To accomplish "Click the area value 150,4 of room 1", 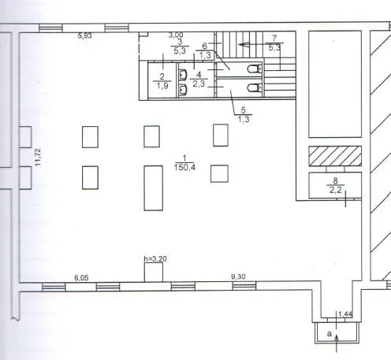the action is (184, 167).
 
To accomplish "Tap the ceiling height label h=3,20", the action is (155, 259).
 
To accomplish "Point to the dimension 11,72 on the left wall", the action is (38, 157).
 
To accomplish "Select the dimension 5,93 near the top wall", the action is (85, 35).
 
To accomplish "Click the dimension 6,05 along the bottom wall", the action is (81, 278).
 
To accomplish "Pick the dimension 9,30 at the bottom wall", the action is (238, 276).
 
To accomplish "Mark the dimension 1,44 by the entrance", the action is (345, 314).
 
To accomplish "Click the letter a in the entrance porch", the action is (329, 334).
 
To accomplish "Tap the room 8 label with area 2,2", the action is (335, 185).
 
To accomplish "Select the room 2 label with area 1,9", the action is (162, 81).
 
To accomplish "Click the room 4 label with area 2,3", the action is (199, 80).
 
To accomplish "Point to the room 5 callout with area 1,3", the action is (244, 114).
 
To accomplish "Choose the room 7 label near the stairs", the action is (274, 43).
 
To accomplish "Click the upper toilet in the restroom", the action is (255, 69).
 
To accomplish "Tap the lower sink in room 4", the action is (183, 90).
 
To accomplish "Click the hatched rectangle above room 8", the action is (335, 156).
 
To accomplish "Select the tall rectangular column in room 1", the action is (154, 188).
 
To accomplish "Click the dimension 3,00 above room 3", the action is (176, 35).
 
